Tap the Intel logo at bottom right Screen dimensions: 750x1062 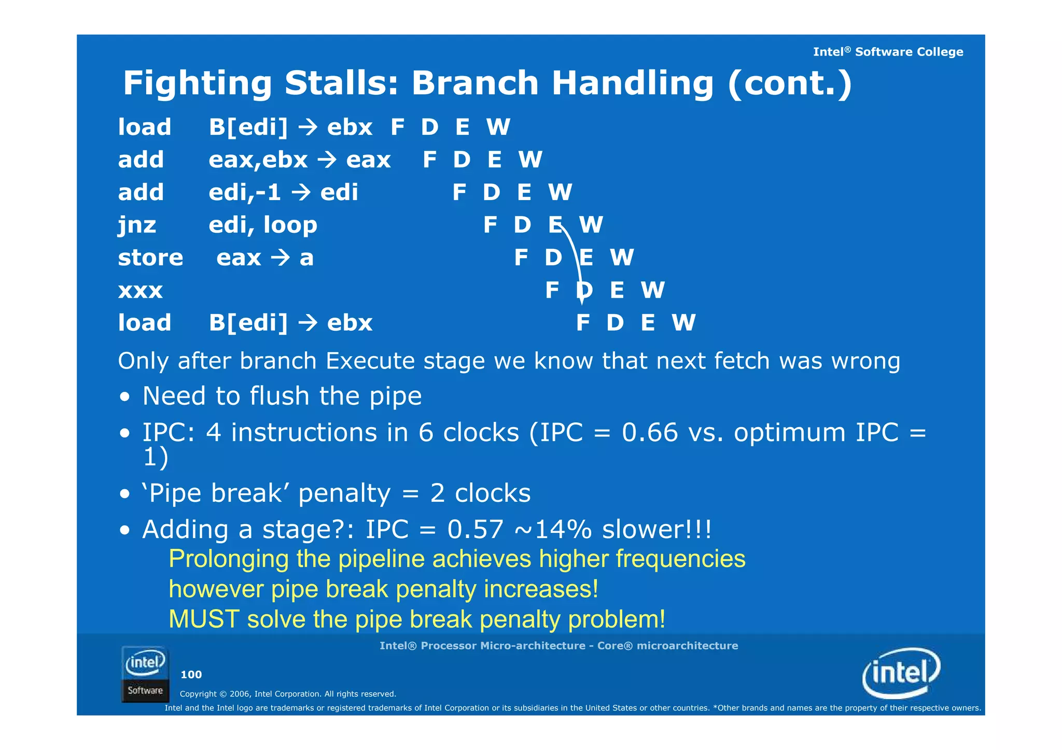coord(901,673)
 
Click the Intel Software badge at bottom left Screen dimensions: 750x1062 coord(145,674)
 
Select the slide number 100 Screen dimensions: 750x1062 coord(191,674)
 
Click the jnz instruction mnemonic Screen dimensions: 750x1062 coord(137,225)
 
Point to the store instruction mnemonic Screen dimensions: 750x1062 coord(150,258)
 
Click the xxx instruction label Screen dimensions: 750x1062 coord(140,291)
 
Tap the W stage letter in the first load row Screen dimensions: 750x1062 coord(498,127)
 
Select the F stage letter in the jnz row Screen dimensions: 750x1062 coord(490,225)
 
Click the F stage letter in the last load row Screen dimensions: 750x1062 coord(582,323)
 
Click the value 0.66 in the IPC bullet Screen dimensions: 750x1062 coord(649,432)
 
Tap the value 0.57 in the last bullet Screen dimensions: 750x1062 coord(475,529)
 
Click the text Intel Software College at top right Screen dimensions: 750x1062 coord(887,52)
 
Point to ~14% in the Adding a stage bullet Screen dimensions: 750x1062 coord(553,529)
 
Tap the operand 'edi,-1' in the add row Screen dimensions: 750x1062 coord(244,193)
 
